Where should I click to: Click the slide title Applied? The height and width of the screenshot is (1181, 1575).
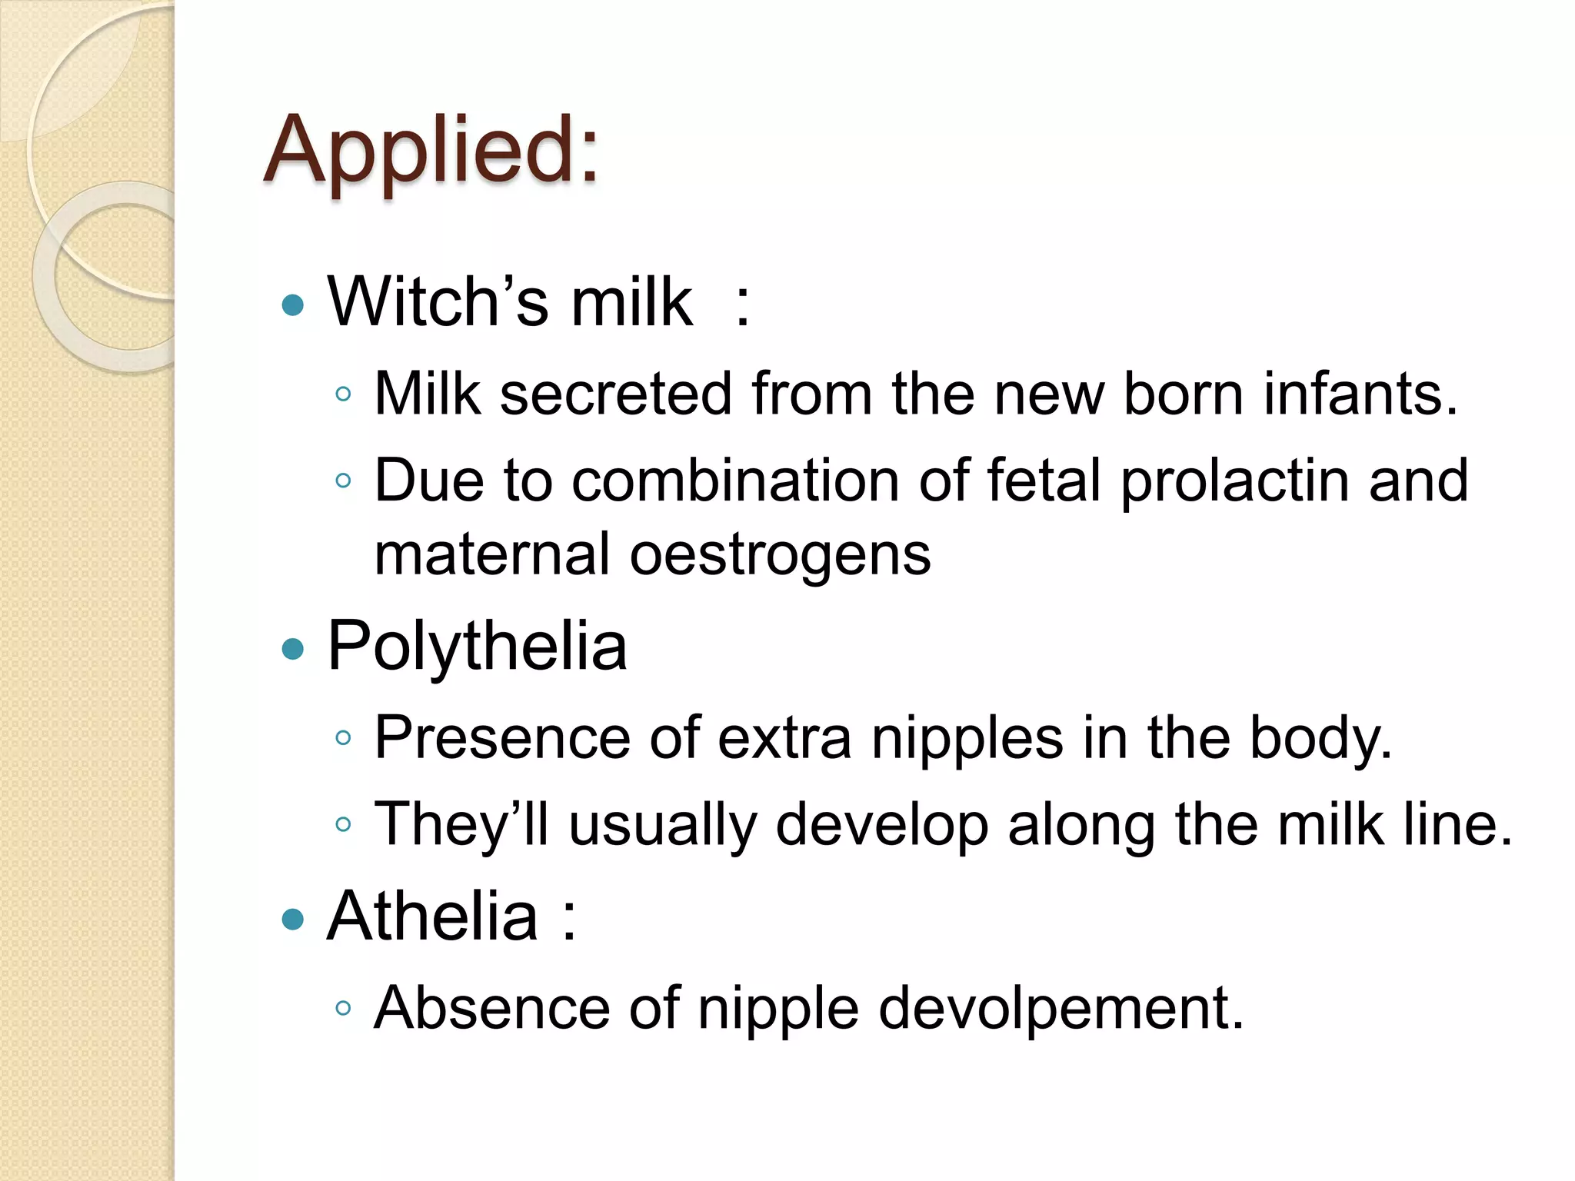(431, 150)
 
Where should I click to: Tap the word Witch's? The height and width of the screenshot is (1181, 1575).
(438, 301)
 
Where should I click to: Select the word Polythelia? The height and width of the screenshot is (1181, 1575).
(477, 646)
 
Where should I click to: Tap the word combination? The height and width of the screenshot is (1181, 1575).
(735, 481)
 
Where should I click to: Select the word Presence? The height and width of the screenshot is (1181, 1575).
(502, 738)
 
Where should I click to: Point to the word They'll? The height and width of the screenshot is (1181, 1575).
(461, 824)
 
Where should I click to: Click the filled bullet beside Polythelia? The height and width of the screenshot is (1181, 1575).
(293, 650)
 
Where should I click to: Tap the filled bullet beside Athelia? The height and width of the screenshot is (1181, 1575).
(293, 919)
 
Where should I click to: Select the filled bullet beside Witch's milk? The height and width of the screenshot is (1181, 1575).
(293, 305)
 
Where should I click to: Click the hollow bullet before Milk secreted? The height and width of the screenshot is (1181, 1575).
(344, 395)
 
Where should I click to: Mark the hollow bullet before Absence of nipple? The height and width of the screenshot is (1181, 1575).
(344, 1008)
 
